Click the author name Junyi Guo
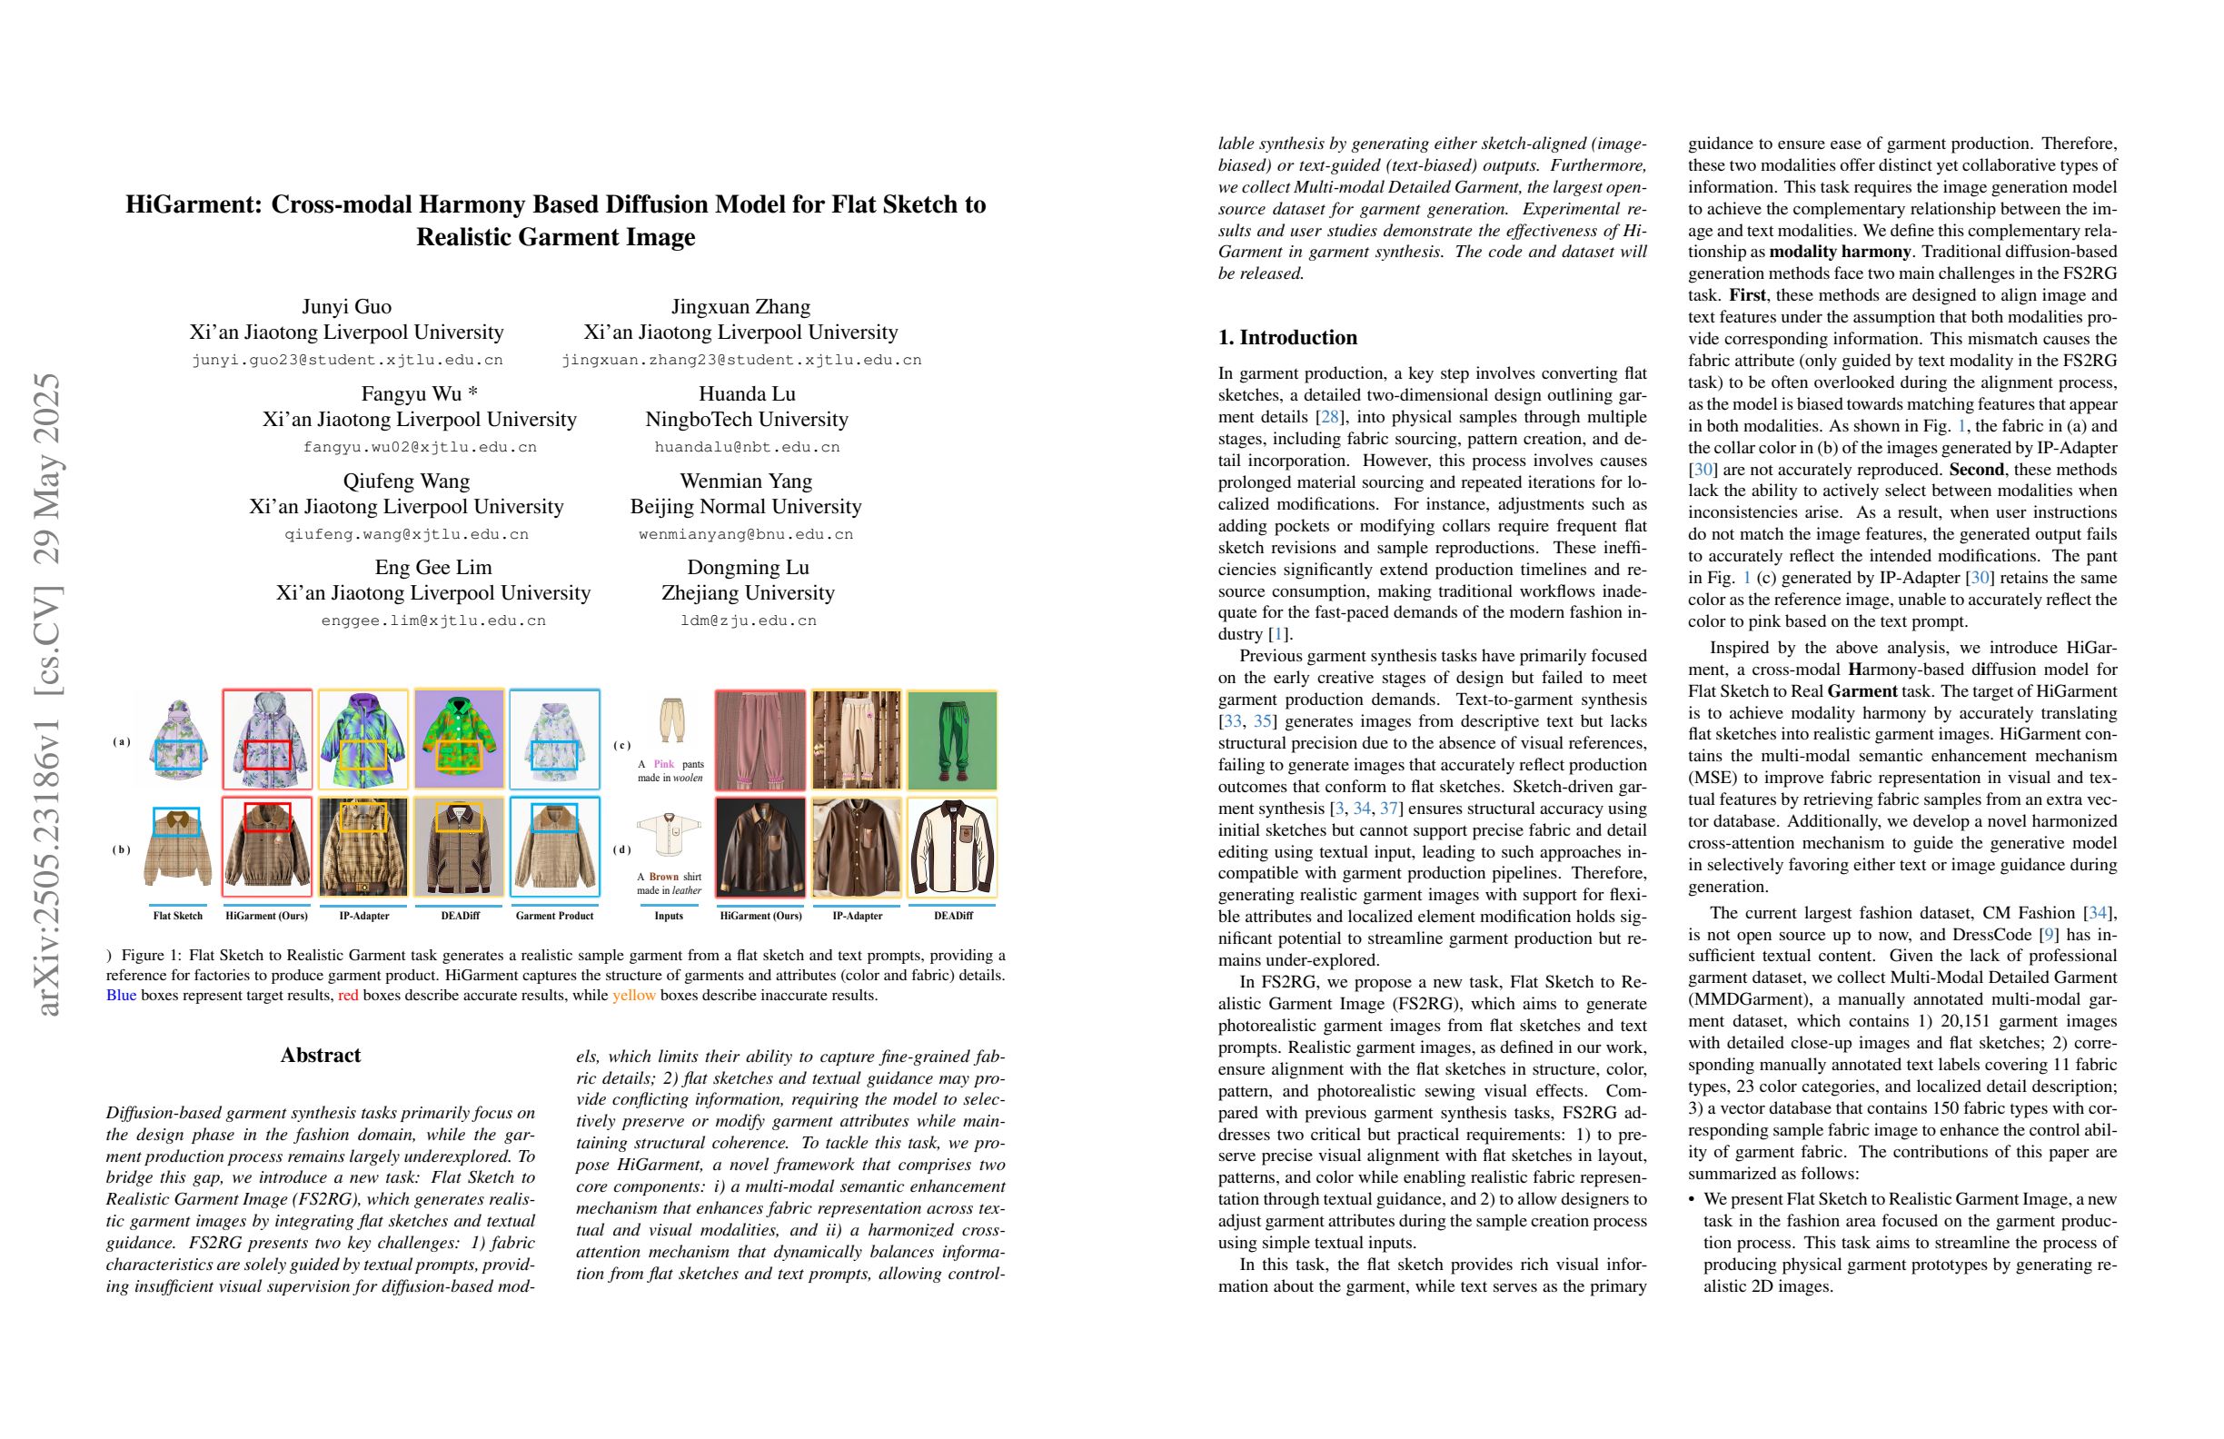[x=347, y=306]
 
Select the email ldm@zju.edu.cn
[x=748, y=620]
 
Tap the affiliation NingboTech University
[x=747, y=419]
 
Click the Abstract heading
[x=321, y=1055]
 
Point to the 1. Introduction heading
[x=1286, y=337]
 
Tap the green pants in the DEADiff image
[x=951, y=740]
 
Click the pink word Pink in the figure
[x=663, y=764]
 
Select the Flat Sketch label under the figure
[x=177, y=916]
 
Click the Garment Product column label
[x=554, y=916]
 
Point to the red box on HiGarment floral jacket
[x=267, y=754]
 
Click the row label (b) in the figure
[x=122, y=849]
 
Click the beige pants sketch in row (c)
[x=671, y=720]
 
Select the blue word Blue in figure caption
[x=122, y=995]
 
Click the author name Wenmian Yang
[x=746, y=481]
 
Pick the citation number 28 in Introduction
[x=1329, y=417]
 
